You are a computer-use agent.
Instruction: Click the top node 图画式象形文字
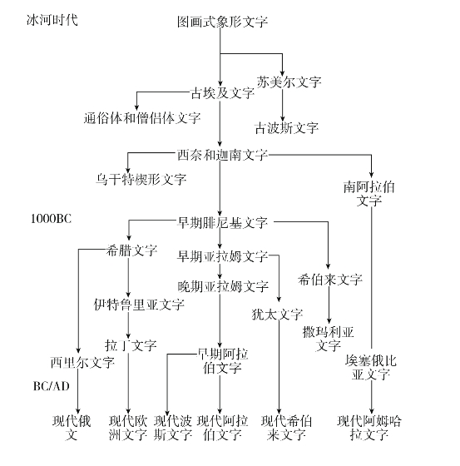222,22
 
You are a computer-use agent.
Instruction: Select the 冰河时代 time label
52,20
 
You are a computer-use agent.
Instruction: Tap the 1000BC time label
51,219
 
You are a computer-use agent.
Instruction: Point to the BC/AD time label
51,386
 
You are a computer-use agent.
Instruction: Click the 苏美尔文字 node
289,82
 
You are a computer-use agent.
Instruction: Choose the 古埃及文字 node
222,93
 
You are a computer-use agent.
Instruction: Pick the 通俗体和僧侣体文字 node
142,118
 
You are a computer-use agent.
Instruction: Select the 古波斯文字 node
287,128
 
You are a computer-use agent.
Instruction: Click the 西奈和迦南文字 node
222,155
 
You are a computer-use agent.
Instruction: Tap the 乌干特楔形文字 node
141,179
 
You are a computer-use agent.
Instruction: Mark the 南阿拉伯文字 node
369,194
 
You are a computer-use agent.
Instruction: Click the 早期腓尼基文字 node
222,223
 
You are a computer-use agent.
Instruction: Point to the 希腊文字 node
131,250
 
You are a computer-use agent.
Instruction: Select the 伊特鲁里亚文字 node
139,305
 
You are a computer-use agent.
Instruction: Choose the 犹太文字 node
277,315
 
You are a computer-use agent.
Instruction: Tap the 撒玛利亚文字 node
328,339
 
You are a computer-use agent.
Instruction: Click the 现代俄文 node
72,428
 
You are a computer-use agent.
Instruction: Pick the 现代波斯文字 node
173,428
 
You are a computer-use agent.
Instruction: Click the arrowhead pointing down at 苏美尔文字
282,74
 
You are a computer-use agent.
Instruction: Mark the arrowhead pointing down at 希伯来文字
328,266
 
